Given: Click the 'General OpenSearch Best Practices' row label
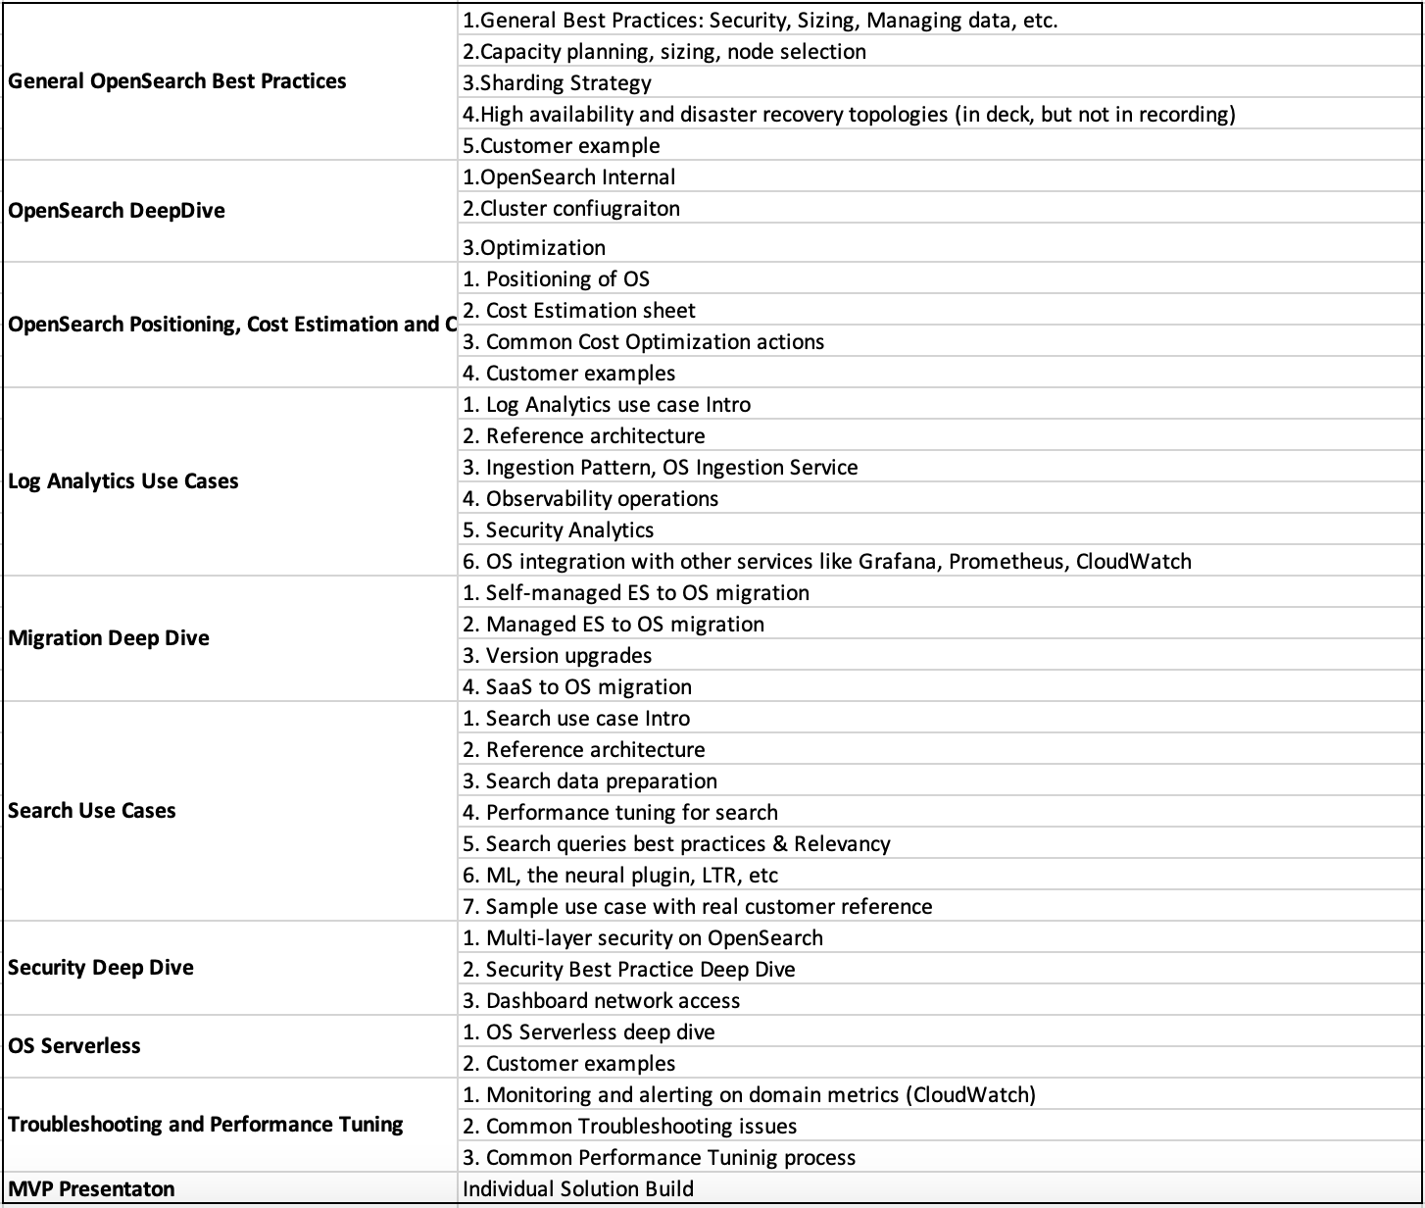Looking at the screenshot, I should pos(177,81).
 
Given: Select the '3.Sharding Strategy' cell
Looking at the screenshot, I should pos(557,83).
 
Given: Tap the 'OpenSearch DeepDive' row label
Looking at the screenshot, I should pos(117,211).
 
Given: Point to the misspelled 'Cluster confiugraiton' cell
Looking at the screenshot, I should pos(571,208).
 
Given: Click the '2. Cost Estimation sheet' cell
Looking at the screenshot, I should pos(579,311).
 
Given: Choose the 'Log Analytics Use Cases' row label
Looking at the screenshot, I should pos(123,481).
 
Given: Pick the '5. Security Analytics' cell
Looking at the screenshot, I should pos(559,530).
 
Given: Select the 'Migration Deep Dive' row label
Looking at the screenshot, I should pos(109,638).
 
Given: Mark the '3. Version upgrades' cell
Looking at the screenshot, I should pos(558,656).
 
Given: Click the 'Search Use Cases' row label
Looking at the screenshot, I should pos(92,811).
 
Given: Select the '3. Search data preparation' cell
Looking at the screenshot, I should pos(590,781).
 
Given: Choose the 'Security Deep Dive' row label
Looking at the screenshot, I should pos(101,968).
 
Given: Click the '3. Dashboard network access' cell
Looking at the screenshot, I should pos(602,1001).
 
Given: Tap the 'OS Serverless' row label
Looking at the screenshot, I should pos(74,1046).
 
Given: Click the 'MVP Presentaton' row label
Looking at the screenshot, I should pos(92,1189).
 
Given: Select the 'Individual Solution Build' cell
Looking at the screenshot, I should pos(578,1189).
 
